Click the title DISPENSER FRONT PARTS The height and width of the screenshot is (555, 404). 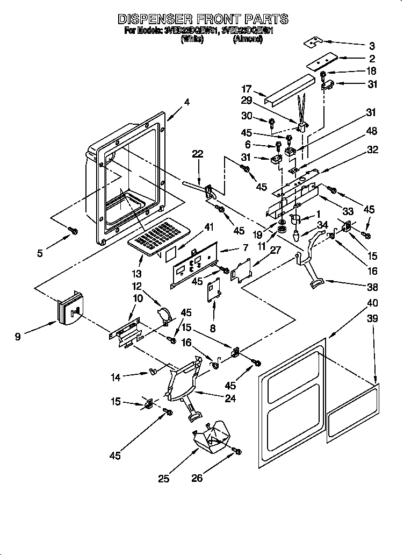[203, 19]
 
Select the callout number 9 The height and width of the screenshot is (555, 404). [18, 338]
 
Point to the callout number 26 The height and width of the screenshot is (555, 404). [197, 477]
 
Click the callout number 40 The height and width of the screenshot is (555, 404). [372, 303]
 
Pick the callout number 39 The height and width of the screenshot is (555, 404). [372, 318]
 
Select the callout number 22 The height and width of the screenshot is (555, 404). [198, 154]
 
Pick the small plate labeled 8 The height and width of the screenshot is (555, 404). [214, 290]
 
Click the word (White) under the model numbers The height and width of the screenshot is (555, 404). [192, 39]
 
